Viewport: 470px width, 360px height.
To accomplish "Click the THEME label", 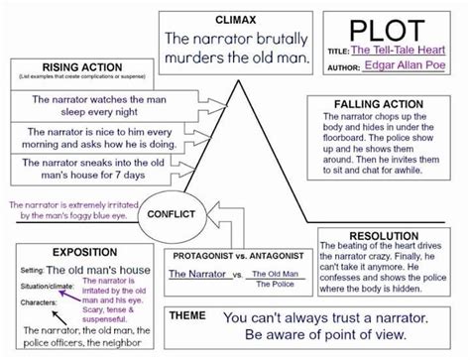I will (188, 314).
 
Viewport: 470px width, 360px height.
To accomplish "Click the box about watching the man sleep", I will (94, 106).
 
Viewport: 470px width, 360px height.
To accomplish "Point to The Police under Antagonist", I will (275, 284).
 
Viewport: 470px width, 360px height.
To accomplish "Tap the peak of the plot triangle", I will (237, 77).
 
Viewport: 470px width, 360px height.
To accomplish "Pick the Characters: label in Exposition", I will (37, 300).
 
